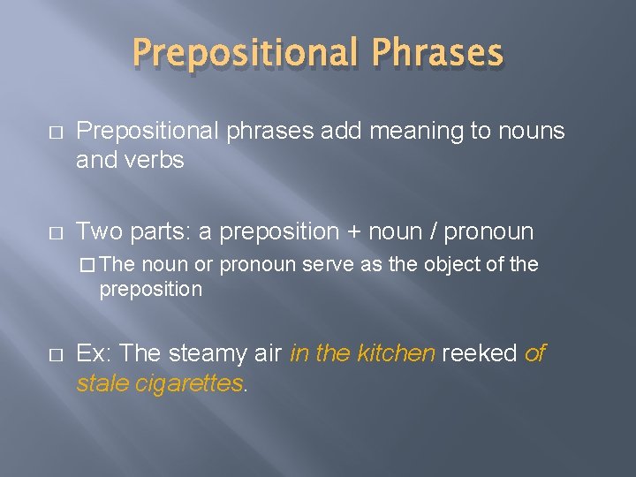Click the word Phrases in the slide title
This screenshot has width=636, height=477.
tap(437, 53)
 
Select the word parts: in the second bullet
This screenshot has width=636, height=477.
tap(158, 233)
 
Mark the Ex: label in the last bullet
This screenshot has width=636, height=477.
tap(95, 354)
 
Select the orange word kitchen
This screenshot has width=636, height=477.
tap(396, 354)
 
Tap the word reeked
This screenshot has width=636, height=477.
tap(479, 354)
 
